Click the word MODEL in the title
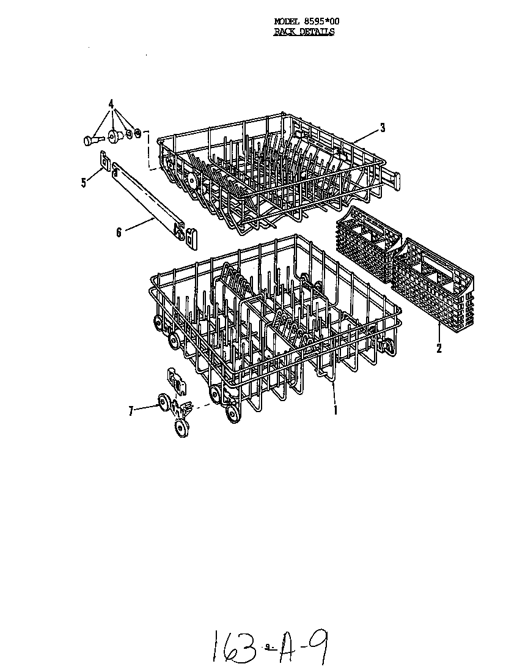click(284, 21)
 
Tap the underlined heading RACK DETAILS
click(304, 32)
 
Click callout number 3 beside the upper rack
click(383, 127)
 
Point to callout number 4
click(111, 104)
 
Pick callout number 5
click(84, 183)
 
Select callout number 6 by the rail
click(119, 232)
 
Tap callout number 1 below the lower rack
click(335, 410)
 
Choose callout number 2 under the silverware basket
click(439, 349)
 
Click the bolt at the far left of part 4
click(92, 139)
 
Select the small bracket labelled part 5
click(104, 161)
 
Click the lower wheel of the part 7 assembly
click(182, 428)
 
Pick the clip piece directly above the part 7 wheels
click(175, 381)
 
